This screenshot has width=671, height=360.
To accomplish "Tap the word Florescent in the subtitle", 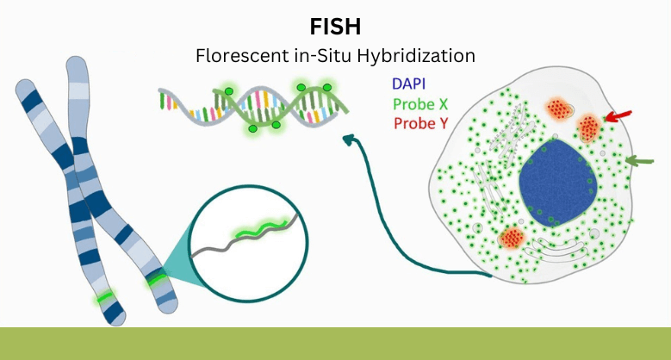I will pos(233,56).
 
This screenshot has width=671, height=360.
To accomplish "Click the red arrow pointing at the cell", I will pos(618,115).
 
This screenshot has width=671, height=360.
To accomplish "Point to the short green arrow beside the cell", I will pos(641,160).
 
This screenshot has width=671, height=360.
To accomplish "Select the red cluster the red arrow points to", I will pos(589,127).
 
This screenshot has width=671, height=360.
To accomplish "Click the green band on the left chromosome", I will pos(105,296).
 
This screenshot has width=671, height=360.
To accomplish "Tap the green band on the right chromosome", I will pos(157,279).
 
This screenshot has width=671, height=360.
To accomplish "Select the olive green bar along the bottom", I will pos(335,343).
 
